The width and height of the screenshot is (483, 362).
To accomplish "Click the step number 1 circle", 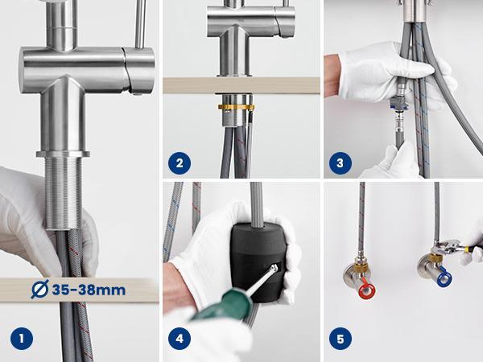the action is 22,339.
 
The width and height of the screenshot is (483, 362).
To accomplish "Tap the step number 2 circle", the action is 180,163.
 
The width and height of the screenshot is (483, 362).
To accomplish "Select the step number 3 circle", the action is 341,163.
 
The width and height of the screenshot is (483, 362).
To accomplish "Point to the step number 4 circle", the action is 180,339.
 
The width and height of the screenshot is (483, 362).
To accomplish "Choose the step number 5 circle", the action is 341,339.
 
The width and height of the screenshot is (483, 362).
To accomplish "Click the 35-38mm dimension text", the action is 89,290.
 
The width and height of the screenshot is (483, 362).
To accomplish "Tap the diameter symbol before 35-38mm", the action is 40,289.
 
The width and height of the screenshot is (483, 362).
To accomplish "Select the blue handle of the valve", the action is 444,277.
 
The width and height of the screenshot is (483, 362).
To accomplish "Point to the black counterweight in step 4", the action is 258,261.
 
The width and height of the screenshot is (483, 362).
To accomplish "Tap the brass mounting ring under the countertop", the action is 237,108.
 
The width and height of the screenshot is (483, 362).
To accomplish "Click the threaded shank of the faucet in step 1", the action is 64,193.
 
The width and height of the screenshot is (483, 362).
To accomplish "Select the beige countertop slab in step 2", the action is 242,85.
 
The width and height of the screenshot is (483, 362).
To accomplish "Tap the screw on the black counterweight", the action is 274,268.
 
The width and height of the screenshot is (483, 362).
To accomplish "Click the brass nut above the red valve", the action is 360,265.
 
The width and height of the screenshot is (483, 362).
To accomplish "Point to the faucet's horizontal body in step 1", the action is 88,70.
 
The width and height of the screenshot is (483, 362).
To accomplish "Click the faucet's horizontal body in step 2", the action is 251,21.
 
